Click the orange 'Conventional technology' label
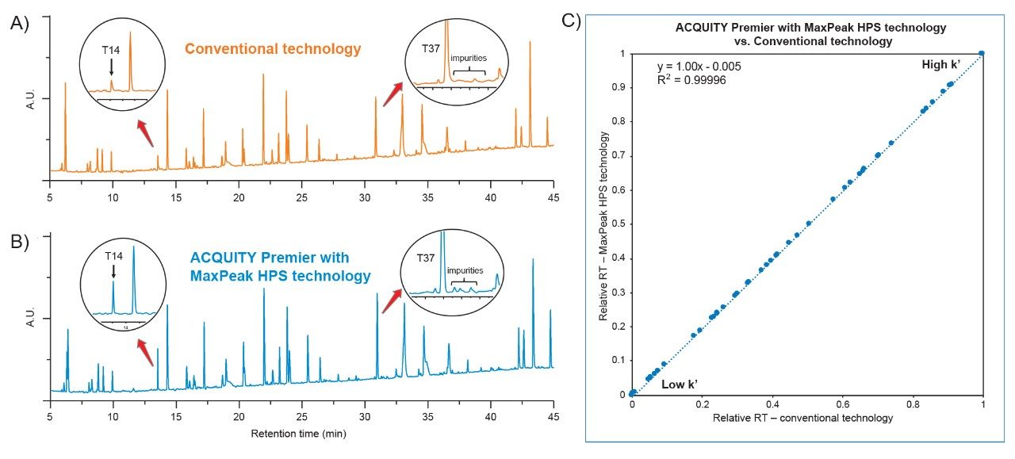point(273,49)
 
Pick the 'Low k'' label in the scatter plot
point(679,384)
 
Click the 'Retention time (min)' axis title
point(298,434)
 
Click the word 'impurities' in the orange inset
point(469,58)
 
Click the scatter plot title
point(811,33)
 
